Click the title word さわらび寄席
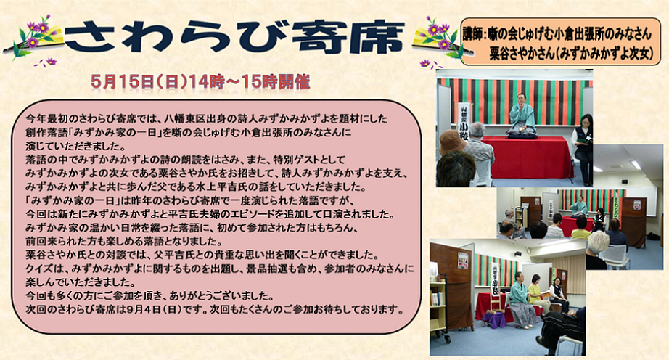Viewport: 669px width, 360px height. click(x=234, y=38)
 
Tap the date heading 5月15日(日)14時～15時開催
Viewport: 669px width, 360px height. click(x=200, y=82)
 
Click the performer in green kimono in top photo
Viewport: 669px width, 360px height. click(x=522, y=116)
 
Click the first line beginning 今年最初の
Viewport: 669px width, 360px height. click(x=207, y=118)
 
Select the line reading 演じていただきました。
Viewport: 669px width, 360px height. click(x=75, y=147)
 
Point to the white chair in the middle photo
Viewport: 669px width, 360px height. click(x=615, y=256)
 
